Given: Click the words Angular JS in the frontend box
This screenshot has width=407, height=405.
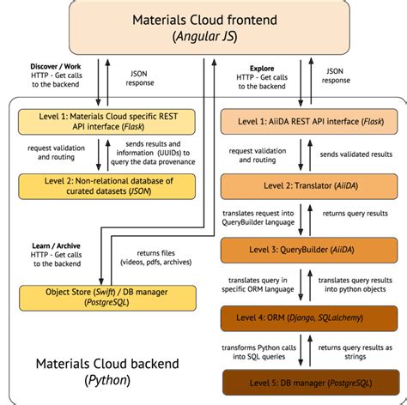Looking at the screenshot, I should click(x=204, y=37).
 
